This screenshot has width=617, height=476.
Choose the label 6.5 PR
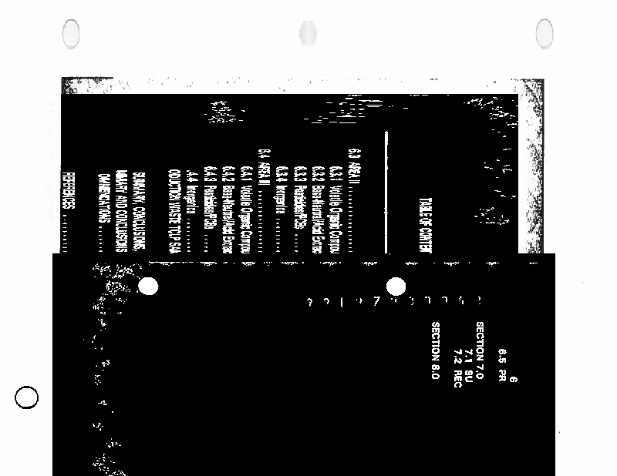502,366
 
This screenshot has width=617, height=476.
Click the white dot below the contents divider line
396,287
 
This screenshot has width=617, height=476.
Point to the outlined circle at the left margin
27,398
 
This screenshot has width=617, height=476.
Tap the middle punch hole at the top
308,33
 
